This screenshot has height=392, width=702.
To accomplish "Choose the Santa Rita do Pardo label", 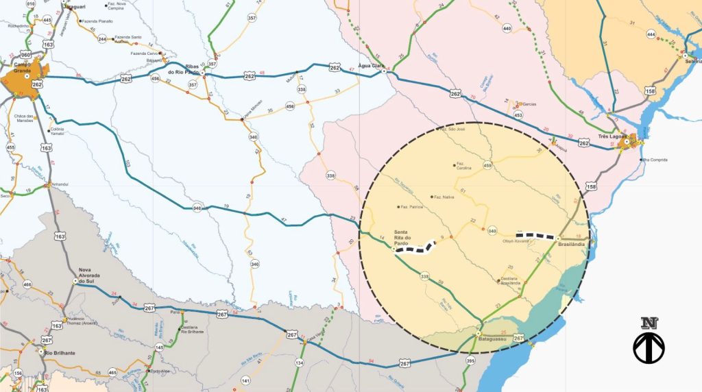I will coord(404,236).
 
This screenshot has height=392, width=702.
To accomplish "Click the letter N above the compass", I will coord(649,323).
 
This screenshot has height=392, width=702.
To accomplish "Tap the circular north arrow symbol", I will coord(649,347).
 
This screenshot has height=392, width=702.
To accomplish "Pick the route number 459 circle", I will coord(488,165).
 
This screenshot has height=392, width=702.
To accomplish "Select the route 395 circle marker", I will coord(470,360).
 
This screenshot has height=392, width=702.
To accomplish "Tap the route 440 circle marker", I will coord(507,28).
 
